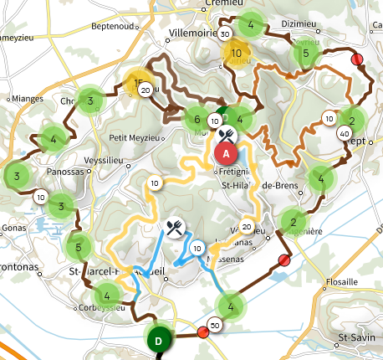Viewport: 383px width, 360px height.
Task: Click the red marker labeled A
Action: coord(226,152)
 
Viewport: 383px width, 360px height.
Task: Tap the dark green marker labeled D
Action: coord(159,341)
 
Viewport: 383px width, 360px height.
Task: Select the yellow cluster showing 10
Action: coord(237,53)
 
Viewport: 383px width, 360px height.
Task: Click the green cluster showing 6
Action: coord(197,119)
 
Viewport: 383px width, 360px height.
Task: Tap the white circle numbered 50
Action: coord(216,325)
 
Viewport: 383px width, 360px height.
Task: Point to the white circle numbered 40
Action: coord(345,134)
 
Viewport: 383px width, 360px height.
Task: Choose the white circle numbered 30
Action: coord(224,34)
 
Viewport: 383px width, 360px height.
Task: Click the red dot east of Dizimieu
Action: coord(358,59)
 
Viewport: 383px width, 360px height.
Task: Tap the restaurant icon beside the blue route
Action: coord(174,226)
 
